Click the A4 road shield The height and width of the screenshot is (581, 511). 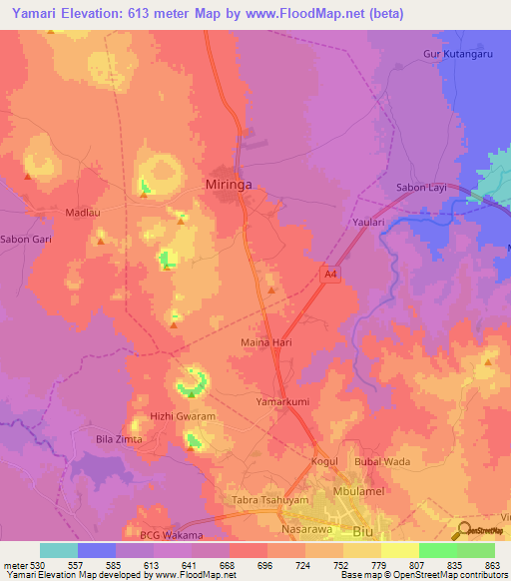(329, 271)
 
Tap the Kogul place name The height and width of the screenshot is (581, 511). (325, 462)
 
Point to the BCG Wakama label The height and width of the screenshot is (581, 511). (165, 535)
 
